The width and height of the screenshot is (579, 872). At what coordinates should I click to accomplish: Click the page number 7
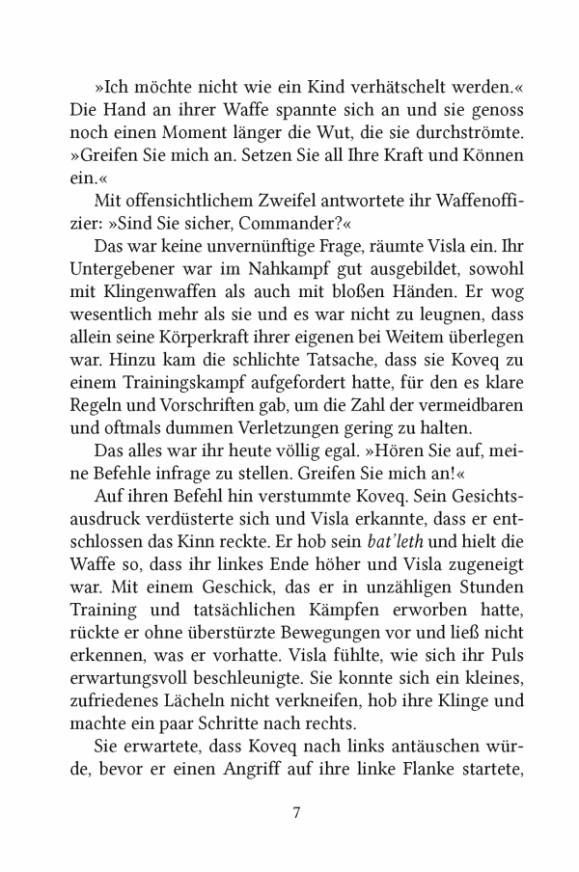point(297,812)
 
